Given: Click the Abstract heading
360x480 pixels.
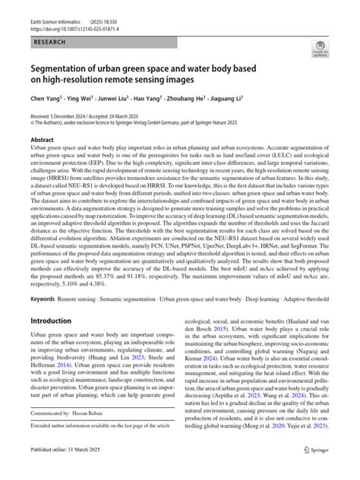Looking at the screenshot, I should pos(41,141).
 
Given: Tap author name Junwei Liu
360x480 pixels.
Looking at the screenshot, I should pos(112,99).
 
